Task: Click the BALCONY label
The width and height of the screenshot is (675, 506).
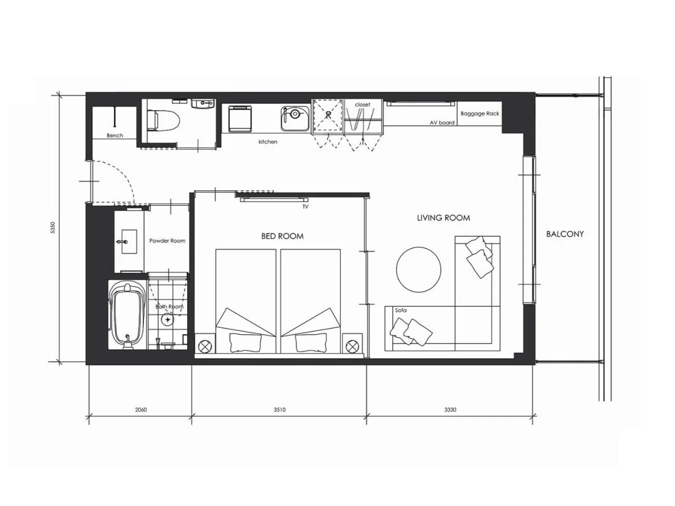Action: click(x=565, y=234)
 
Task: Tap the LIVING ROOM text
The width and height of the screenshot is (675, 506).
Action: click(x=443, y=218)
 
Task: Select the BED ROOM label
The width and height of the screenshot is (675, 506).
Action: click(x=282, y=236)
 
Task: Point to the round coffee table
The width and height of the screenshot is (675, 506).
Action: click(x=419, y=270)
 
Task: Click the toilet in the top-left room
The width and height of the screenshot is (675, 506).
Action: click(x=163, y=120)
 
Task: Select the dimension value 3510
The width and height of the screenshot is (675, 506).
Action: click(x=279, y=410)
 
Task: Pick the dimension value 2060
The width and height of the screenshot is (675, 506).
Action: click(x=141, y=410)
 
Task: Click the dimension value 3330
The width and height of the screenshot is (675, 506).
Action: click(x=450, y=410)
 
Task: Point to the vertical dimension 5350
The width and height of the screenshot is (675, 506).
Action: click(x=53, y=228)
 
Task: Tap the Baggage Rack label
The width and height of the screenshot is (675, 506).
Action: click(x=480, y=114)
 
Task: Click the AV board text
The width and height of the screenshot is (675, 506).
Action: click(x=442, y=123)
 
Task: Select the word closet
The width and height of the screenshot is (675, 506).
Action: click(x=363, y=105)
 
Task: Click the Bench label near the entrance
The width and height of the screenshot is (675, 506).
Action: click(x=115, y=135)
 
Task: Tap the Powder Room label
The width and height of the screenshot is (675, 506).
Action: click(x=167, y=241)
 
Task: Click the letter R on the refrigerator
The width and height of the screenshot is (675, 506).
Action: click(x=329, y=115)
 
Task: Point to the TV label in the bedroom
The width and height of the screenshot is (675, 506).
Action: click(x=305, y=207)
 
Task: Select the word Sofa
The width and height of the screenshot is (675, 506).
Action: click(x=401, y=310)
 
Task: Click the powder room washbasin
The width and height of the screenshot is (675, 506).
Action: click(x=129, y=241)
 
